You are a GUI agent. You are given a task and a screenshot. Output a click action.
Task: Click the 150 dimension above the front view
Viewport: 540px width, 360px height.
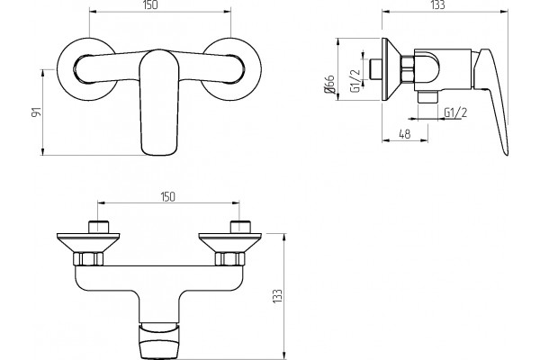click(x=149, y=5)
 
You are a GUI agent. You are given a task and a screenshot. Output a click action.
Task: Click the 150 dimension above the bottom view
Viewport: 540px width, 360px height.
click(x=167, y=197)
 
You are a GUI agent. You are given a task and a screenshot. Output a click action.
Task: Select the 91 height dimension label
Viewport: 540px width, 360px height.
click(x=36, y=112)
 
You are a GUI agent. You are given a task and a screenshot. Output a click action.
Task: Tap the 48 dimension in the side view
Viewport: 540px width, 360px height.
click(x=405, y=134)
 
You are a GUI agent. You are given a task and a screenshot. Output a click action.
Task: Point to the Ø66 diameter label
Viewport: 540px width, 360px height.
click(x=329, y=84)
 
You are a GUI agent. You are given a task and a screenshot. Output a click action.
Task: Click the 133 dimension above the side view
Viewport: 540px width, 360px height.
click(x=437, y=4)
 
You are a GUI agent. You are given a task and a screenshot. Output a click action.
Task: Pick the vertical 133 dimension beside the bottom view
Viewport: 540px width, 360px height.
click(x=277, y=296)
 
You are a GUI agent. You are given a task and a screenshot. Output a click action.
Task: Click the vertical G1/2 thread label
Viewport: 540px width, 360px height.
click(x=355, y=81)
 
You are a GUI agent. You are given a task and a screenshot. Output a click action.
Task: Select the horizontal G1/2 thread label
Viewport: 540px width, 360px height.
click(x=455, y=112)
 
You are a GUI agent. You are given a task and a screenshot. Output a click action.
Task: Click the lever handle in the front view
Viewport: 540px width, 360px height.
click(x=159, y=103)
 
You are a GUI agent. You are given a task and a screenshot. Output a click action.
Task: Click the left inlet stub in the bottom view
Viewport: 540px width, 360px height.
click(x=98, y=227)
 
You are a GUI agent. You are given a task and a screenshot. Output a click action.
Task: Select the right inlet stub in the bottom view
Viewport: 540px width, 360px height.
click(x=239, y=227)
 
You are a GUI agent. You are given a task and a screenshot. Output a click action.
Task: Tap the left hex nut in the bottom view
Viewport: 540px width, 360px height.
click(x=88, y=259)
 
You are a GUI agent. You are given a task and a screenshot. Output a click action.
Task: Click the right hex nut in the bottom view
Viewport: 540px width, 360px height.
click(x=229, y=259)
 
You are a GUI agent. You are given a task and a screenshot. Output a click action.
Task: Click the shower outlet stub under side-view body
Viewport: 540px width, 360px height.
click(x=427, y=97)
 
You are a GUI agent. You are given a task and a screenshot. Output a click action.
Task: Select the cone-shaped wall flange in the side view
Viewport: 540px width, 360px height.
click(x=391, y=69)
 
